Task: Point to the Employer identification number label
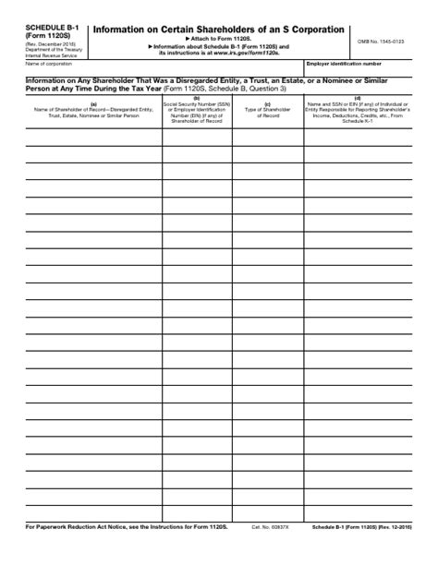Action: click(x=343, y=64)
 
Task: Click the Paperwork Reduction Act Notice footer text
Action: click(x=127, y=553)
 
